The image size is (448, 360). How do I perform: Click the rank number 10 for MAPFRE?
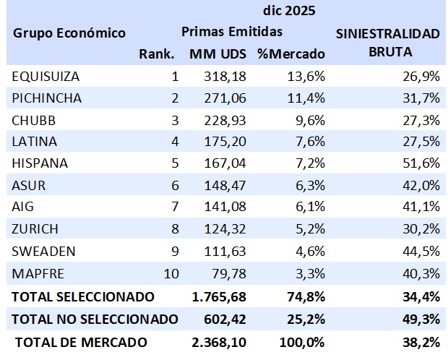(x=171, y=274)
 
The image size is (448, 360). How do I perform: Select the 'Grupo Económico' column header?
(x=69, y=33)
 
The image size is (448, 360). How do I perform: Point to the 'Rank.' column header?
(x=157, y=54)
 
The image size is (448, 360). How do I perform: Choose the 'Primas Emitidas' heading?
(x=231, y=33)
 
